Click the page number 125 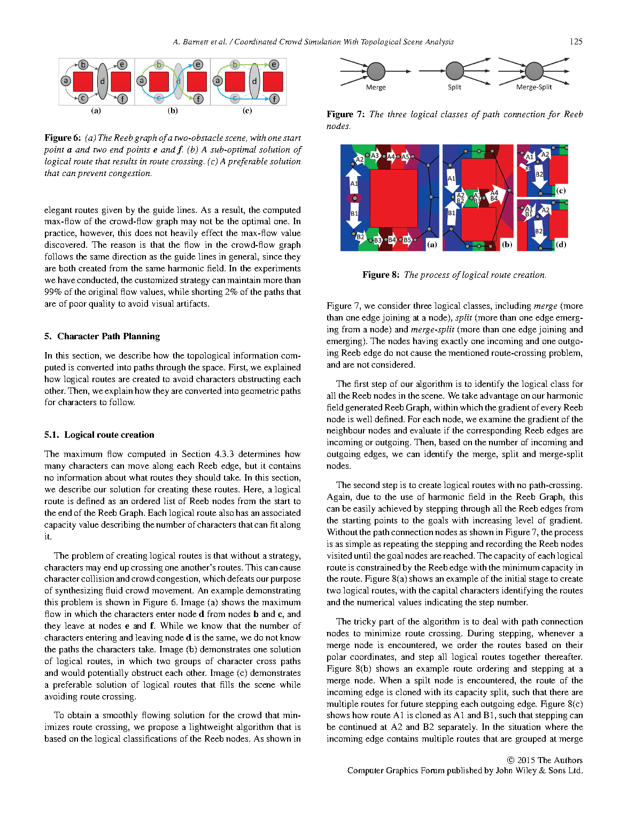pos(576,42)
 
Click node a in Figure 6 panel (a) pos(66,81)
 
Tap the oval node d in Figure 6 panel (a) pos(103,81)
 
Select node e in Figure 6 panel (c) pos(274,65)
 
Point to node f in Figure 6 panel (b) pos(198,98)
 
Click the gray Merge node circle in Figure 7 pos(376,71)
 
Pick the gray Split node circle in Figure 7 pos(454,71)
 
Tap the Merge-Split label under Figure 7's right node pos(533,87)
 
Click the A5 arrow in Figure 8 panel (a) pos(405,157)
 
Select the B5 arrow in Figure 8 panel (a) pos(407,240)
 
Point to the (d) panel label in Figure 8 pos(560,245)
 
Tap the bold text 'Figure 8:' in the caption pos(381,275)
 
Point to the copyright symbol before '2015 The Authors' pos(510,760)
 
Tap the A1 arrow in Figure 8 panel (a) pos(354,183)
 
